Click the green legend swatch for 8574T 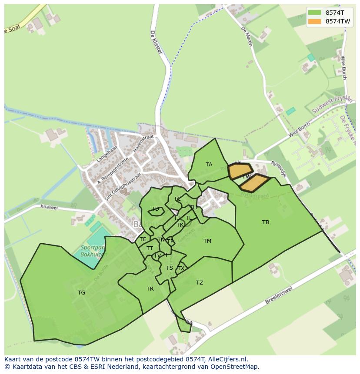click(x=314, y=13)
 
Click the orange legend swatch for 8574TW click(x=314, y=21)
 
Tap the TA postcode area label click(x=209, y=165)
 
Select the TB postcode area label click(x=266, y=222)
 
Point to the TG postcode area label click(x=81, y=293)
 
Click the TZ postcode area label click(x=199, y=283)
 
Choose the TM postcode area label click(x=207, y=241)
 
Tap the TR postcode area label click(x=150, y=289)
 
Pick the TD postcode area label click(x=155, y=209)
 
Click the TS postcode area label click(x=169, y=268)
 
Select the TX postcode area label click(x=181, y=268)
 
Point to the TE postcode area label click(x=143, y=239)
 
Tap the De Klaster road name click(x=156, y=42)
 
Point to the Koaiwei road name click(x=49, y=207)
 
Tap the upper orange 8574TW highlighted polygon click(x=240, y=171)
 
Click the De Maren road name click(x=247, y=36)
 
